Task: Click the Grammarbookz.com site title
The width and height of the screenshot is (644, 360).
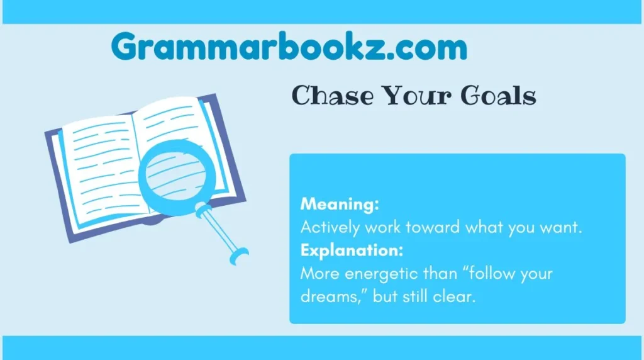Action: (289, 47)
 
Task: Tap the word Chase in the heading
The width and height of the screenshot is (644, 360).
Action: (329, 96)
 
